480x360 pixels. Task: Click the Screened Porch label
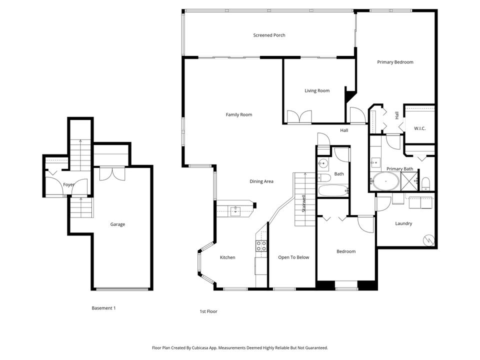tap(269, 35)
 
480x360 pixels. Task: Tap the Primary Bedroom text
tap(395, 62)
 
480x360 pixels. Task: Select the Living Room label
tap(317, 90)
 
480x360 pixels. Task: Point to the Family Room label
tap(238, 114)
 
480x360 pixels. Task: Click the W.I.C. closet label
tap(419, 128)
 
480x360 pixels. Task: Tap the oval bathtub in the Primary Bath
tap(384, 182)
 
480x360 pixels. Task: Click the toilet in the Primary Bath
tap(425, 183)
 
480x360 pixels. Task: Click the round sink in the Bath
tap(322, 163)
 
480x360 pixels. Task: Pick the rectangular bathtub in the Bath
tap(332, 190)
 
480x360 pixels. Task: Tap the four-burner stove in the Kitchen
tap(261, 245)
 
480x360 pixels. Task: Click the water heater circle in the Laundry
tap(429, 240)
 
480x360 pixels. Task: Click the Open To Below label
tap(293, 257)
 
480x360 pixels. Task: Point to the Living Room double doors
tap(299, 117)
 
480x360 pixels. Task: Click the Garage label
tap(117, 224)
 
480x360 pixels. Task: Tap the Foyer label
tap(68, 184)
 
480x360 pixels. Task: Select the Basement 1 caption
tap(103, 308)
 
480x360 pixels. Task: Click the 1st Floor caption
tap(208, 311)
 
